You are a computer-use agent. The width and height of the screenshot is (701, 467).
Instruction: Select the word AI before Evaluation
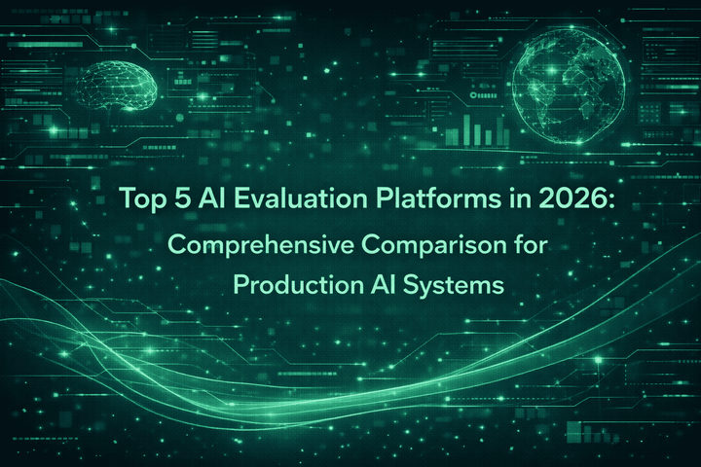(x=207, y=198)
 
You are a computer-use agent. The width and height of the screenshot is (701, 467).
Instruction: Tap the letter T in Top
(x=128, y=198)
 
